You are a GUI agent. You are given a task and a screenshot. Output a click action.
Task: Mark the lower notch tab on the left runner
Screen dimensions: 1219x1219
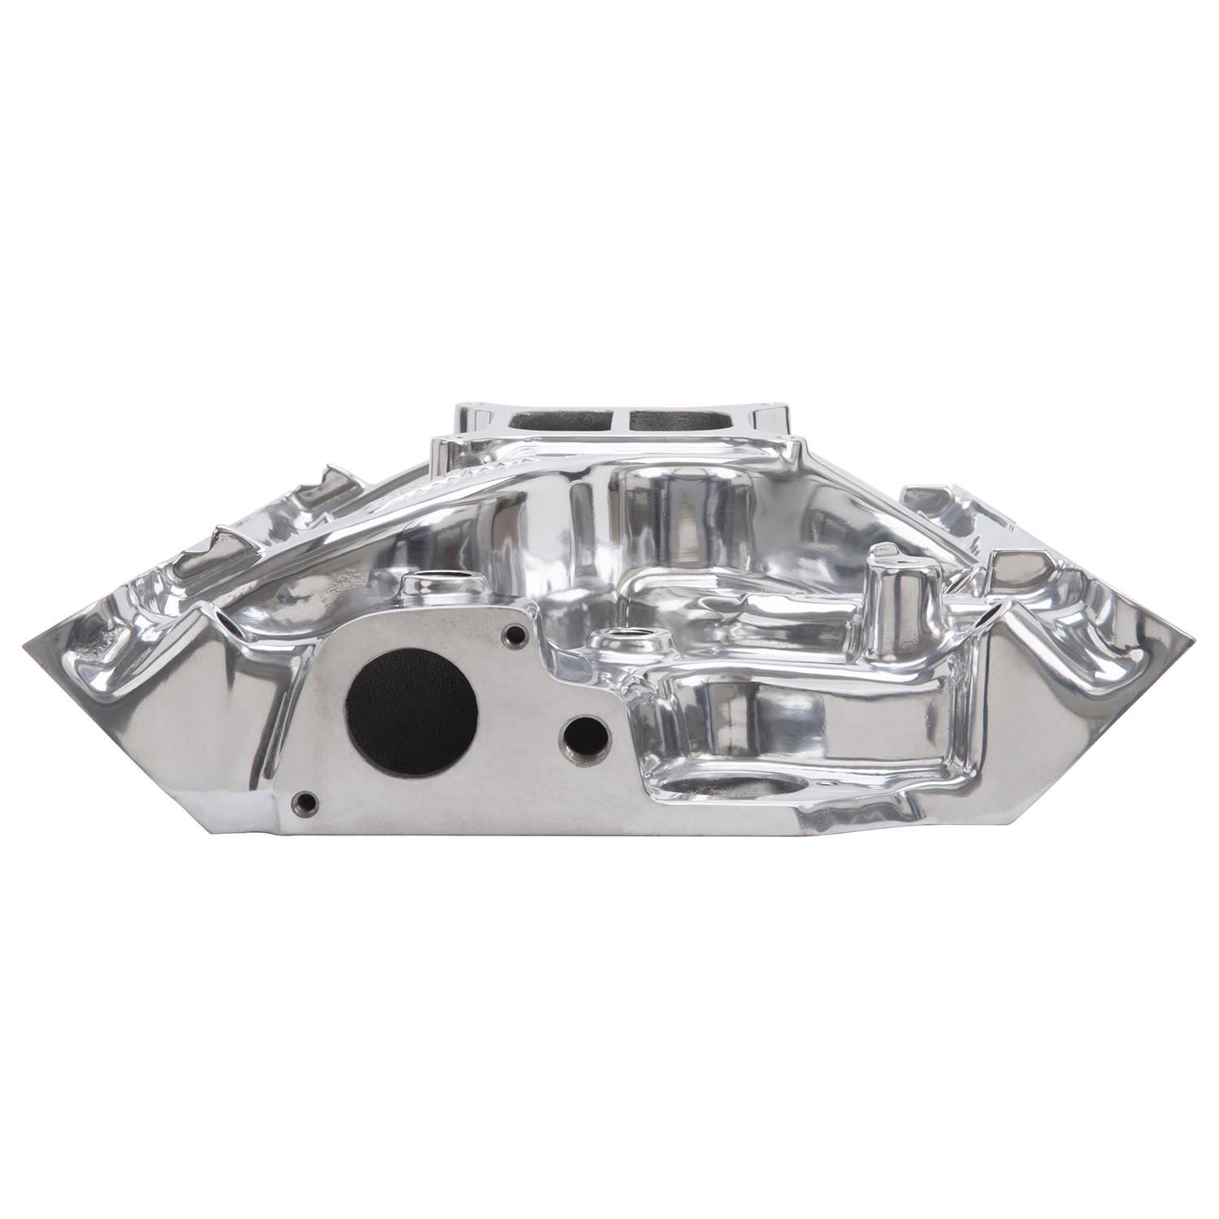(223, 532)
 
